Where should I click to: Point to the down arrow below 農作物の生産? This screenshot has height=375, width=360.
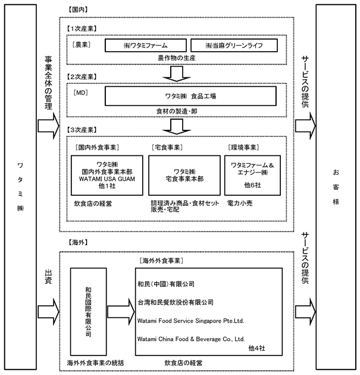pos(176,74)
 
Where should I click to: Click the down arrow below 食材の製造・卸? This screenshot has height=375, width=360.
pos(176,127)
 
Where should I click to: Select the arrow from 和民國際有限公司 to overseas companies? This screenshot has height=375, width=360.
pos(121,312)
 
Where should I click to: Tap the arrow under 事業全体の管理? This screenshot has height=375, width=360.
pos(48,126)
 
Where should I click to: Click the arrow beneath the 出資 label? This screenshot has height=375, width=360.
pos(48,312)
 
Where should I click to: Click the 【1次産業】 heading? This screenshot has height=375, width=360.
pos(82,29)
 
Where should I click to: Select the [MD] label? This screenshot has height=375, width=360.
pos(80,92)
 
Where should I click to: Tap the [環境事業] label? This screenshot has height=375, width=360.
pos(243,148)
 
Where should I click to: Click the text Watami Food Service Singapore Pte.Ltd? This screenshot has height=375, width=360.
pos(190,321)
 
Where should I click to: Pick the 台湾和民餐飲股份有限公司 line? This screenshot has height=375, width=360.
pos(176,302)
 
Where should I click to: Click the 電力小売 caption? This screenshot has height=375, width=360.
pos(240,204)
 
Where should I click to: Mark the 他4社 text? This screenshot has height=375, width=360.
pos(256,348)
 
